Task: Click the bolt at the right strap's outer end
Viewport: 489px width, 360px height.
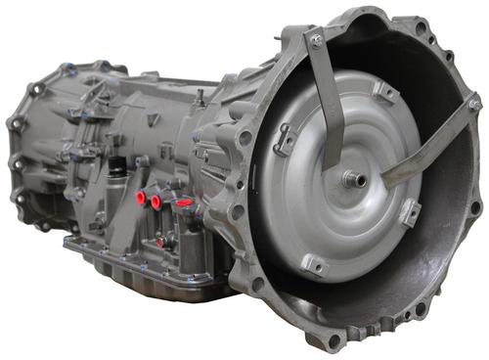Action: point(473,103)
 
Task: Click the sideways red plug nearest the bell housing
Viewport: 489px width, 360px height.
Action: point(182,203)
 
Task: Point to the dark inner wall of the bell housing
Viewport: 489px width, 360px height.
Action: point(440,245)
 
